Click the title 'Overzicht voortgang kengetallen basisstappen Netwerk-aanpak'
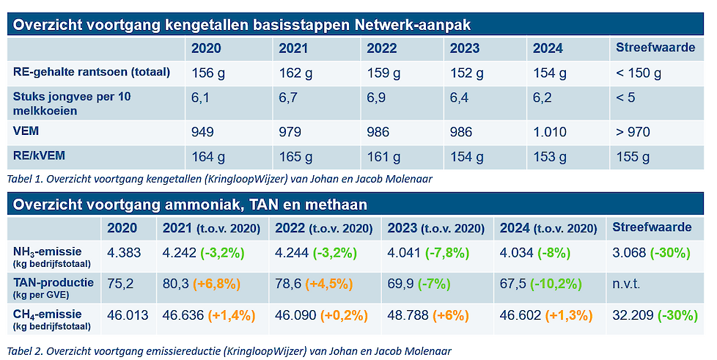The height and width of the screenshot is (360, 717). point(242,24)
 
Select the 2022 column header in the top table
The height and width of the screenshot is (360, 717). point(381,48)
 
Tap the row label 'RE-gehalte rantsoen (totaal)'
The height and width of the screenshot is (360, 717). point(92,72)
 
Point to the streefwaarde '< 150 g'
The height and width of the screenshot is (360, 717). point(639,73)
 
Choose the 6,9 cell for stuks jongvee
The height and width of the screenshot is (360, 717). point(375,96)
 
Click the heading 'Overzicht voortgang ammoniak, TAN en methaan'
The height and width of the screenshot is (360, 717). point(190,204)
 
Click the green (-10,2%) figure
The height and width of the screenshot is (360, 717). point(561,283)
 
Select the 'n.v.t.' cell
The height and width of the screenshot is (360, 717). point(628,283)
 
